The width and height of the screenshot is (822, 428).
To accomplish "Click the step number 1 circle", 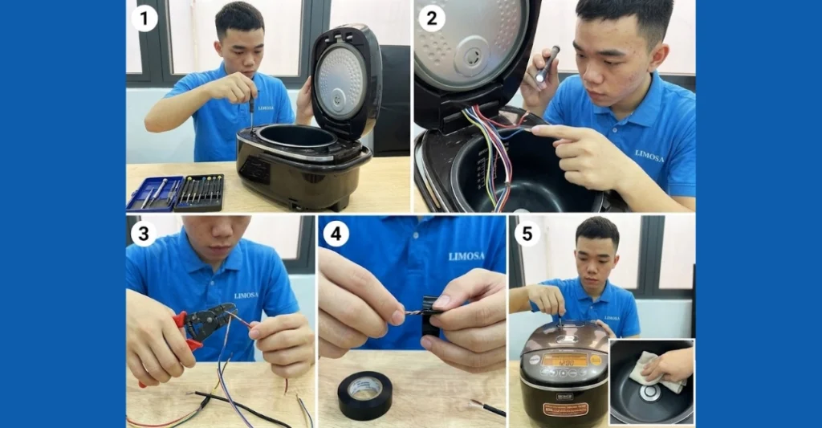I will pyautogui.click(x=144, y=17).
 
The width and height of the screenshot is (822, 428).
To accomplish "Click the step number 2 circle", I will pyautogui.click(x=432, y=17).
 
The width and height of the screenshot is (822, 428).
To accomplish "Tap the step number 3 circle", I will pyautogui.click(x=144, y=234).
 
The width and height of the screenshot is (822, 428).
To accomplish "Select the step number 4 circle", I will pyautogui.click(x=336, y=234).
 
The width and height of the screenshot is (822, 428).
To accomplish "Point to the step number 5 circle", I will pyautogui.click(x=527, y=234).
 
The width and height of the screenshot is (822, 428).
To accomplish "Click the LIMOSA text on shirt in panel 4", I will pyautogui.click(x=467, y=256).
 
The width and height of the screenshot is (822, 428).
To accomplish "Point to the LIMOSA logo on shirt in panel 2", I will pyautogui.click(x=649, y=154).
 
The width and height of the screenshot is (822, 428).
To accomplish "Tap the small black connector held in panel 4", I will pyautogui.click(x=430, y=315).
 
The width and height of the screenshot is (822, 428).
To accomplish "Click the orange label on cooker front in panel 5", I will pyautogui.click(x=565, y=409).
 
